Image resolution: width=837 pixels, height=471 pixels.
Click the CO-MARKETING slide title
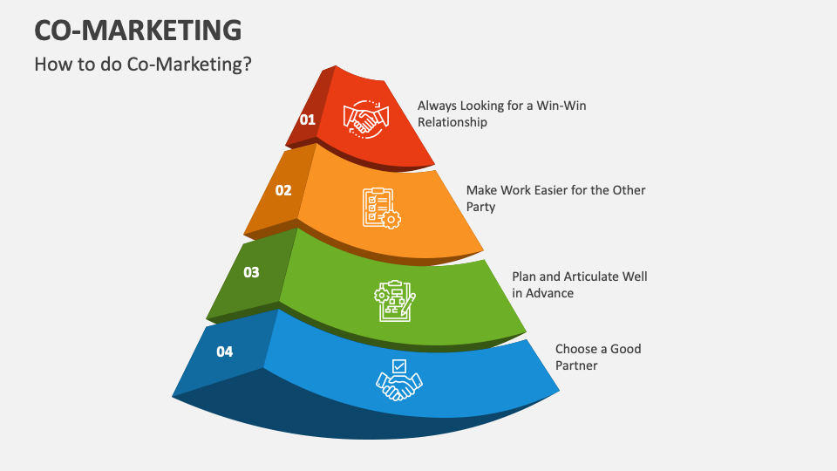(139, 31)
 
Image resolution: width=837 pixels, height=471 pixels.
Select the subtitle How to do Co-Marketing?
(143, 65)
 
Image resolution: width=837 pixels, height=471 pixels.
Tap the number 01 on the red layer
(308, 120)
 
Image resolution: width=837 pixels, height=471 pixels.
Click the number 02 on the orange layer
(283, 190)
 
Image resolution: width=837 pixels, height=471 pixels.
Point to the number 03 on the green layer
(251, 272)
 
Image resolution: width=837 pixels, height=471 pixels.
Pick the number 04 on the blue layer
(225, 352)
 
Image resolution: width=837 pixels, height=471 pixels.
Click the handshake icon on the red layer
(365, 119)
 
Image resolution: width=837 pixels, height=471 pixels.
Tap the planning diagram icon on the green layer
(394, 299)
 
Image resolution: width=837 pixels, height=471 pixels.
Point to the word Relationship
(453, 122)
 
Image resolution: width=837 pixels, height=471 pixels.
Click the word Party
(480, 207)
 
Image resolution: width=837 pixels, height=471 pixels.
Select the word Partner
(576, 365)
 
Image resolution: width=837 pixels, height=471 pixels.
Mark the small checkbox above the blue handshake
(399, 365)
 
